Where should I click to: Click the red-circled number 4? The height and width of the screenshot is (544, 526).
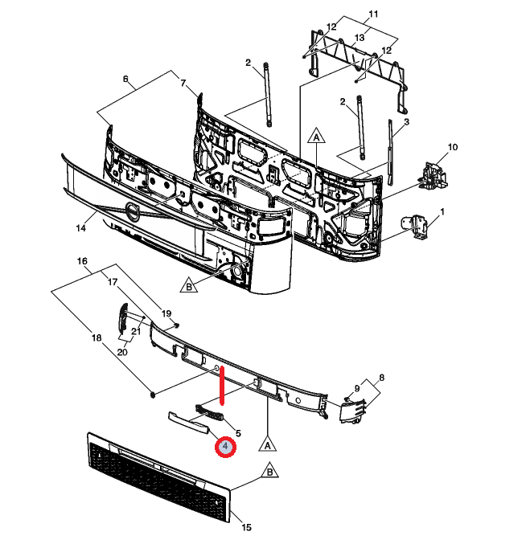(226, 447)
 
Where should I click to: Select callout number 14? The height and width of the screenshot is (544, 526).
(80, 228)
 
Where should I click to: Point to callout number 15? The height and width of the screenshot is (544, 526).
(247, 527)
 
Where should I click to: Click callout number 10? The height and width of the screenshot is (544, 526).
(452, 147)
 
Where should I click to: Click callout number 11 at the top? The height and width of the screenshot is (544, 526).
(372, 14)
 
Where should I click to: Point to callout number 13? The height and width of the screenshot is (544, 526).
(360, 38)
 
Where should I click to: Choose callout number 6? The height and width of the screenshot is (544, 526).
(125, 79)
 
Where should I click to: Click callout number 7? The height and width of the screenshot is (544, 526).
(183, 84)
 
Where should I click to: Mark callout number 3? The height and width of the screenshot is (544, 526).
(407, 121)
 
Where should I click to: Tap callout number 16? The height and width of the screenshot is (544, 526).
(81, 262)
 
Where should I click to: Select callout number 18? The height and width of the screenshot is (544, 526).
(97, 338)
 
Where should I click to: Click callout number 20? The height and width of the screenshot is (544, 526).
(122, 352)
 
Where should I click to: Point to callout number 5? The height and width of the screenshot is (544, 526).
(238, 433)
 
